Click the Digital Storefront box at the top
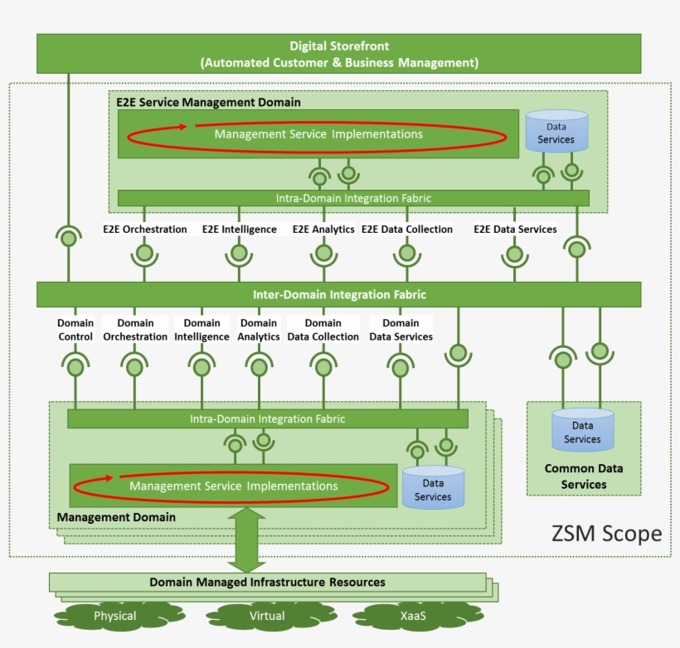tap(338, 54)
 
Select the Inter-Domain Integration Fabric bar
tap(338, 294)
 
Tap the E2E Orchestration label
tap(145, 230)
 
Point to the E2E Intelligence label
tap(240, 230)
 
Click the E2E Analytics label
tap(323, 230)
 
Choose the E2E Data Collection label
tap(407, 230)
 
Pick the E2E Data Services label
tap(515, 230)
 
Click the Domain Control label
tap(75, 330)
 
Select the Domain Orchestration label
tap(135, 330)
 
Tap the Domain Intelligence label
tap(202, 330)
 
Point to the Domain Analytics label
tap(259, 330)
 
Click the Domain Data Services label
tap(401, 330)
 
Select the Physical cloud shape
tap(114, 617)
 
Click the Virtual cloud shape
tap(267, 617)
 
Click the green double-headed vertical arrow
tap(246, 539)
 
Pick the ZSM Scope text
tap(606, 534)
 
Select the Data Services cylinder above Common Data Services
tap(583, 431)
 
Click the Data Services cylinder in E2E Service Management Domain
tap(556, 132)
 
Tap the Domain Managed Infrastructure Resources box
tap(267, 583)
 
